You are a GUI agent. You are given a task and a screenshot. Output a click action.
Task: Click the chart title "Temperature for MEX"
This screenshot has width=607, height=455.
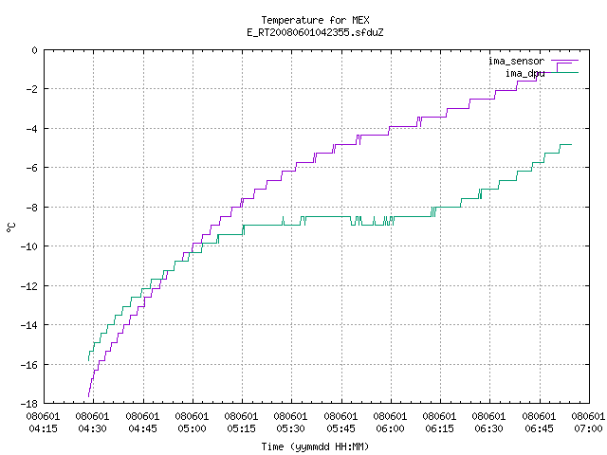[x=315, y=20]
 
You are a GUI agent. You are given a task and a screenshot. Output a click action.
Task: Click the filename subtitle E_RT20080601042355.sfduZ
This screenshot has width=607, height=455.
[x=315, y=32]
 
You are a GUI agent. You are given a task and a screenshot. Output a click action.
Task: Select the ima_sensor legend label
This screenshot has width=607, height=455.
[x=516, y=61]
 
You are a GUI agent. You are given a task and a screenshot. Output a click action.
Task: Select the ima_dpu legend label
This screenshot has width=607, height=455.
[x=524, y=73]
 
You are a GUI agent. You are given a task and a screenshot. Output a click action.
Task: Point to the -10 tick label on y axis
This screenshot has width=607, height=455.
[x=29, y=246]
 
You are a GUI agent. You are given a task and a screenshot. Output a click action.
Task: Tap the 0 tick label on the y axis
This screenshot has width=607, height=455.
[x=35, y=50]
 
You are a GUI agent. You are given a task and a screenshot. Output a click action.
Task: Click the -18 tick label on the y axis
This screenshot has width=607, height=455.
[x=29, y=404]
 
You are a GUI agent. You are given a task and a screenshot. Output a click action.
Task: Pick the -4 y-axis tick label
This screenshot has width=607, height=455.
[x=32, y=129]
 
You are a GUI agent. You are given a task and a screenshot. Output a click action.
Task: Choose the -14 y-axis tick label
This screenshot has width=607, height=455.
[x=29, y=325]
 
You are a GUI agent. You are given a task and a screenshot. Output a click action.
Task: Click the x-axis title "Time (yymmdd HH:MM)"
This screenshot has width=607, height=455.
[x=315, y=446]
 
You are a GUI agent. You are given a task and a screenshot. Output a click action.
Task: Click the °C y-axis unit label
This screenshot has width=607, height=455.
[x=11, y=227]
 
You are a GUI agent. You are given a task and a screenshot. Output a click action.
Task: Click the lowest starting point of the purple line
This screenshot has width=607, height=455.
[x=88, y=396]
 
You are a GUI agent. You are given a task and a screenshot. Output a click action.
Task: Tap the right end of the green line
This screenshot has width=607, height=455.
[x=571, y=145]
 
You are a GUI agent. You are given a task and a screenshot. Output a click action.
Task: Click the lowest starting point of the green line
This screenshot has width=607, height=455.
[x=88, y=360]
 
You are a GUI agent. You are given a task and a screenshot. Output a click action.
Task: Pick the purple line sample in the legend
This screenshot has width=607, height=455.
[x=565, y=61]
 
